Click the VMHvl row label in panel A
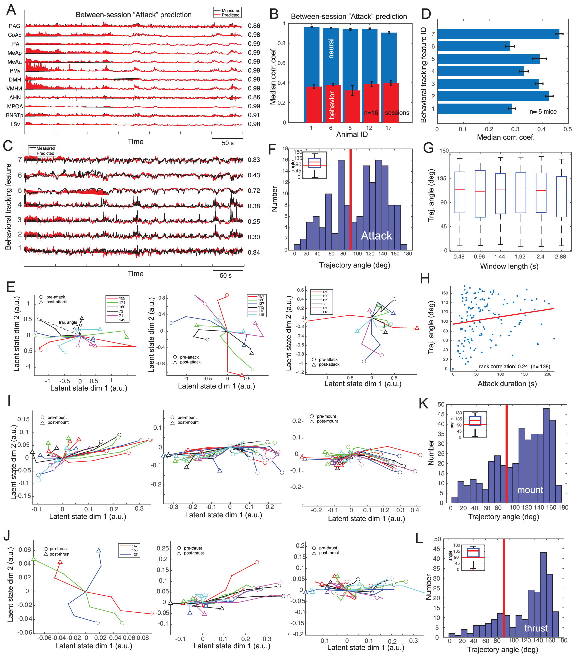click(x=14, y=89)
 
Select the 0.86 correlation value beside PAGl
click(x=254, y=26)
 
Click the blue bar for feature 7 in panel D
click(x=498, y=34)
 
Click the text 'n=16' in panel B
click(x=371, y=113)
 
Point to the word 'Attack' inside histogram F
click(x=376, y=236)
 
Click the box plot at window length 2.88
click(x=561, y=197)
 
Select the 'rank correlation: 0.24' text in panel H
click(x=503, y=366)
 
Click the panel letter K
click(x=423, y=403)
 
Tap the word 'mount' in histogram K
click(x=530, y=490)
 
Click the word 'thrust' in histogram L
click(x=536, y=628)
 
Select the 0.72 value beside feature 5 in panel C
click(x=254, y=191)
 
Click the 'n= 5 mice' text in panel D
click(x=543, y=112)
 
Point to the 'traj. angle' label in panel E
click(x=68, y=322)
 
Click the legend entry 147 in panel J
click(x=135, y=546)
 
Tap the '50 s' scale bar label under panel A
click(x=228, y=143)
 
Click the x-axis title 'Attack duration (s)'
click(x=507, y=384)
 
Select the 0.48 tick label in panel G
click(x=459, y=257)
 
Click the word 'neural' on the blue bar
click(x=331, y=49)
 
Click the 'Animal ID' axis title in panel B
click(x=352, y=134)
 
